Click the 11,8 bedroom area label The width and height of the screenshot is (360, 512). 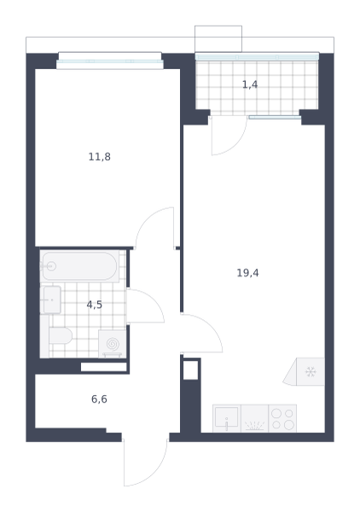click(100, 157)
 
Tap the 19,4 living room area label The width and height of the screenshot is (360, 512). click(247, 273)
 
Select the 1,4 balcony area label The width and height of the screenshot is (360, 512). click(250, 84)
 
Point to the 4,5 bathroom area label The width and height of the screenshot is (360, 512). click(95, 305)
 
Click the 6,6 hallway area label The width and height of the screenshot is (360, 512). click(99, 399)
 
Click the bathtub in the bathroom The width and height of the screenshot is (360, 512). click(79, 266)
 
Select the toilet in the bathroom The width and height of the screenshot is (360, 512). click(61, 335)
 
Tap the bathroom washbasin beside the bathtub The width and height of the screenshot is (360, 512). click(52, 300)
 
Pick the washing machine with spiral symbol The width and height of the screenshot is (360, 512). click(113, 344)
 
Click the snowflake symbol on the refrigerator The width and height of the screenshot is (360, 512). click(311, 371)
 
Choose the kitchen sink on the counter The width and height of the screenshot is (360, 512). click(227, 419)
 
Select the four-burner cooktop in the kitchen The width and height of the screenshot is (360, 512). click(282, 419)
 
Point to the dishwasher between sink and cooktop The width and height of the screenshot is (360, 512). click(254, 419)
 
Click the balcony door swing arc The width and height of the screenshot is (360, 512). click(235, 143)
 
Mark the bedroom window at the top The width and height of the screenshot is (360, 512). click(110, 61)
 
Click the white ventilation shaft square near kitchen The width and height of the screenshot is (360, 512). click(190, 370)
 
